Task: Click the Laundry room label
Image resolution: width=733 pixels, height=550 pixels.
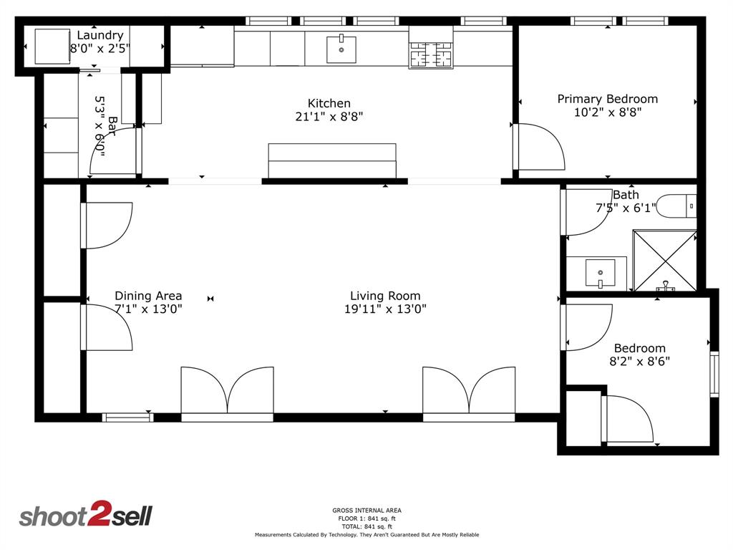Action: [x=100, y=35]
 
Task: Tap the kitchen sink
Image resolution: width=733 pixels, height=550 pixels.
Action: [x=341, y=49]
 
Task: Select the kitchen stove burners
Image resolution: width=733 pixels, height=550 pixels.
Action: [x=431, y=54]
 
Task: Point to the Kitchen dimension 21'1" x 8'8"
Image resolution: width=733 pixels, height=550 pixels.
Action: [x=329, y=117]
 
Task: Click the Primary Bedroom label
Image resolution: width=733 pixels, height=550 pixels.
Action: [x=608, y=99]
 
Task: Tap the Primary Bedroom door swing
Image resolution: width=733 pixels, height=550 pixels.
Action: [x=540, y=147]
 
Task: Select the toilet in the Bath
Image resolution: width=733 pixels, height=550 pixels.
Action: [x=676, y=206]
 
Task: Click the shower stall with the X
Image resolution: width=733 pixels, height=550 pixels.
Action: [x=664, y=261]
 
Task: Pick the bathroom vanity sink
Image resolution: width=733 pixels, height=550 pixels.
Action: [x=601, y=273]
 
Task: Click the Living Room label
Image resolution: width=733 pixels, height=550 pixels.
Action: [x=385, y=296]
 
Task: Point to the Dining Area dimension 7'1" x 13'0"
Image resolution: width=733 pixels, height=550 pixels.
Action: [x=148, y=309]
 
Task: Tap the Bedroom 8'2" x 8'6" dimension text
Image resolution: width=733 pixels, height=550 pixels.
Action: [x=639, y=361]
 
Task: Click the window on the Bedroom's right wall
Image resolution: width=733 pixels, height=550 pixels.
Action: [x=714, y=374]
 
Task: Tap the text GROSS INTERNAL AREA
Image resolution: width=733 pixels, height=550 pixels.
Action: [x=367, y=510]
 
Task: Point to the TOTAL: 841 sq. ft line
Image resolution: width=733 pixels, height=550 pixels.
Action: [x=367, y=526]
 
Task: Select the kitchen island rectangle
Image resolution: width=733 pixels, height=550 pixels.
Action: [x=332, y=161]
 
